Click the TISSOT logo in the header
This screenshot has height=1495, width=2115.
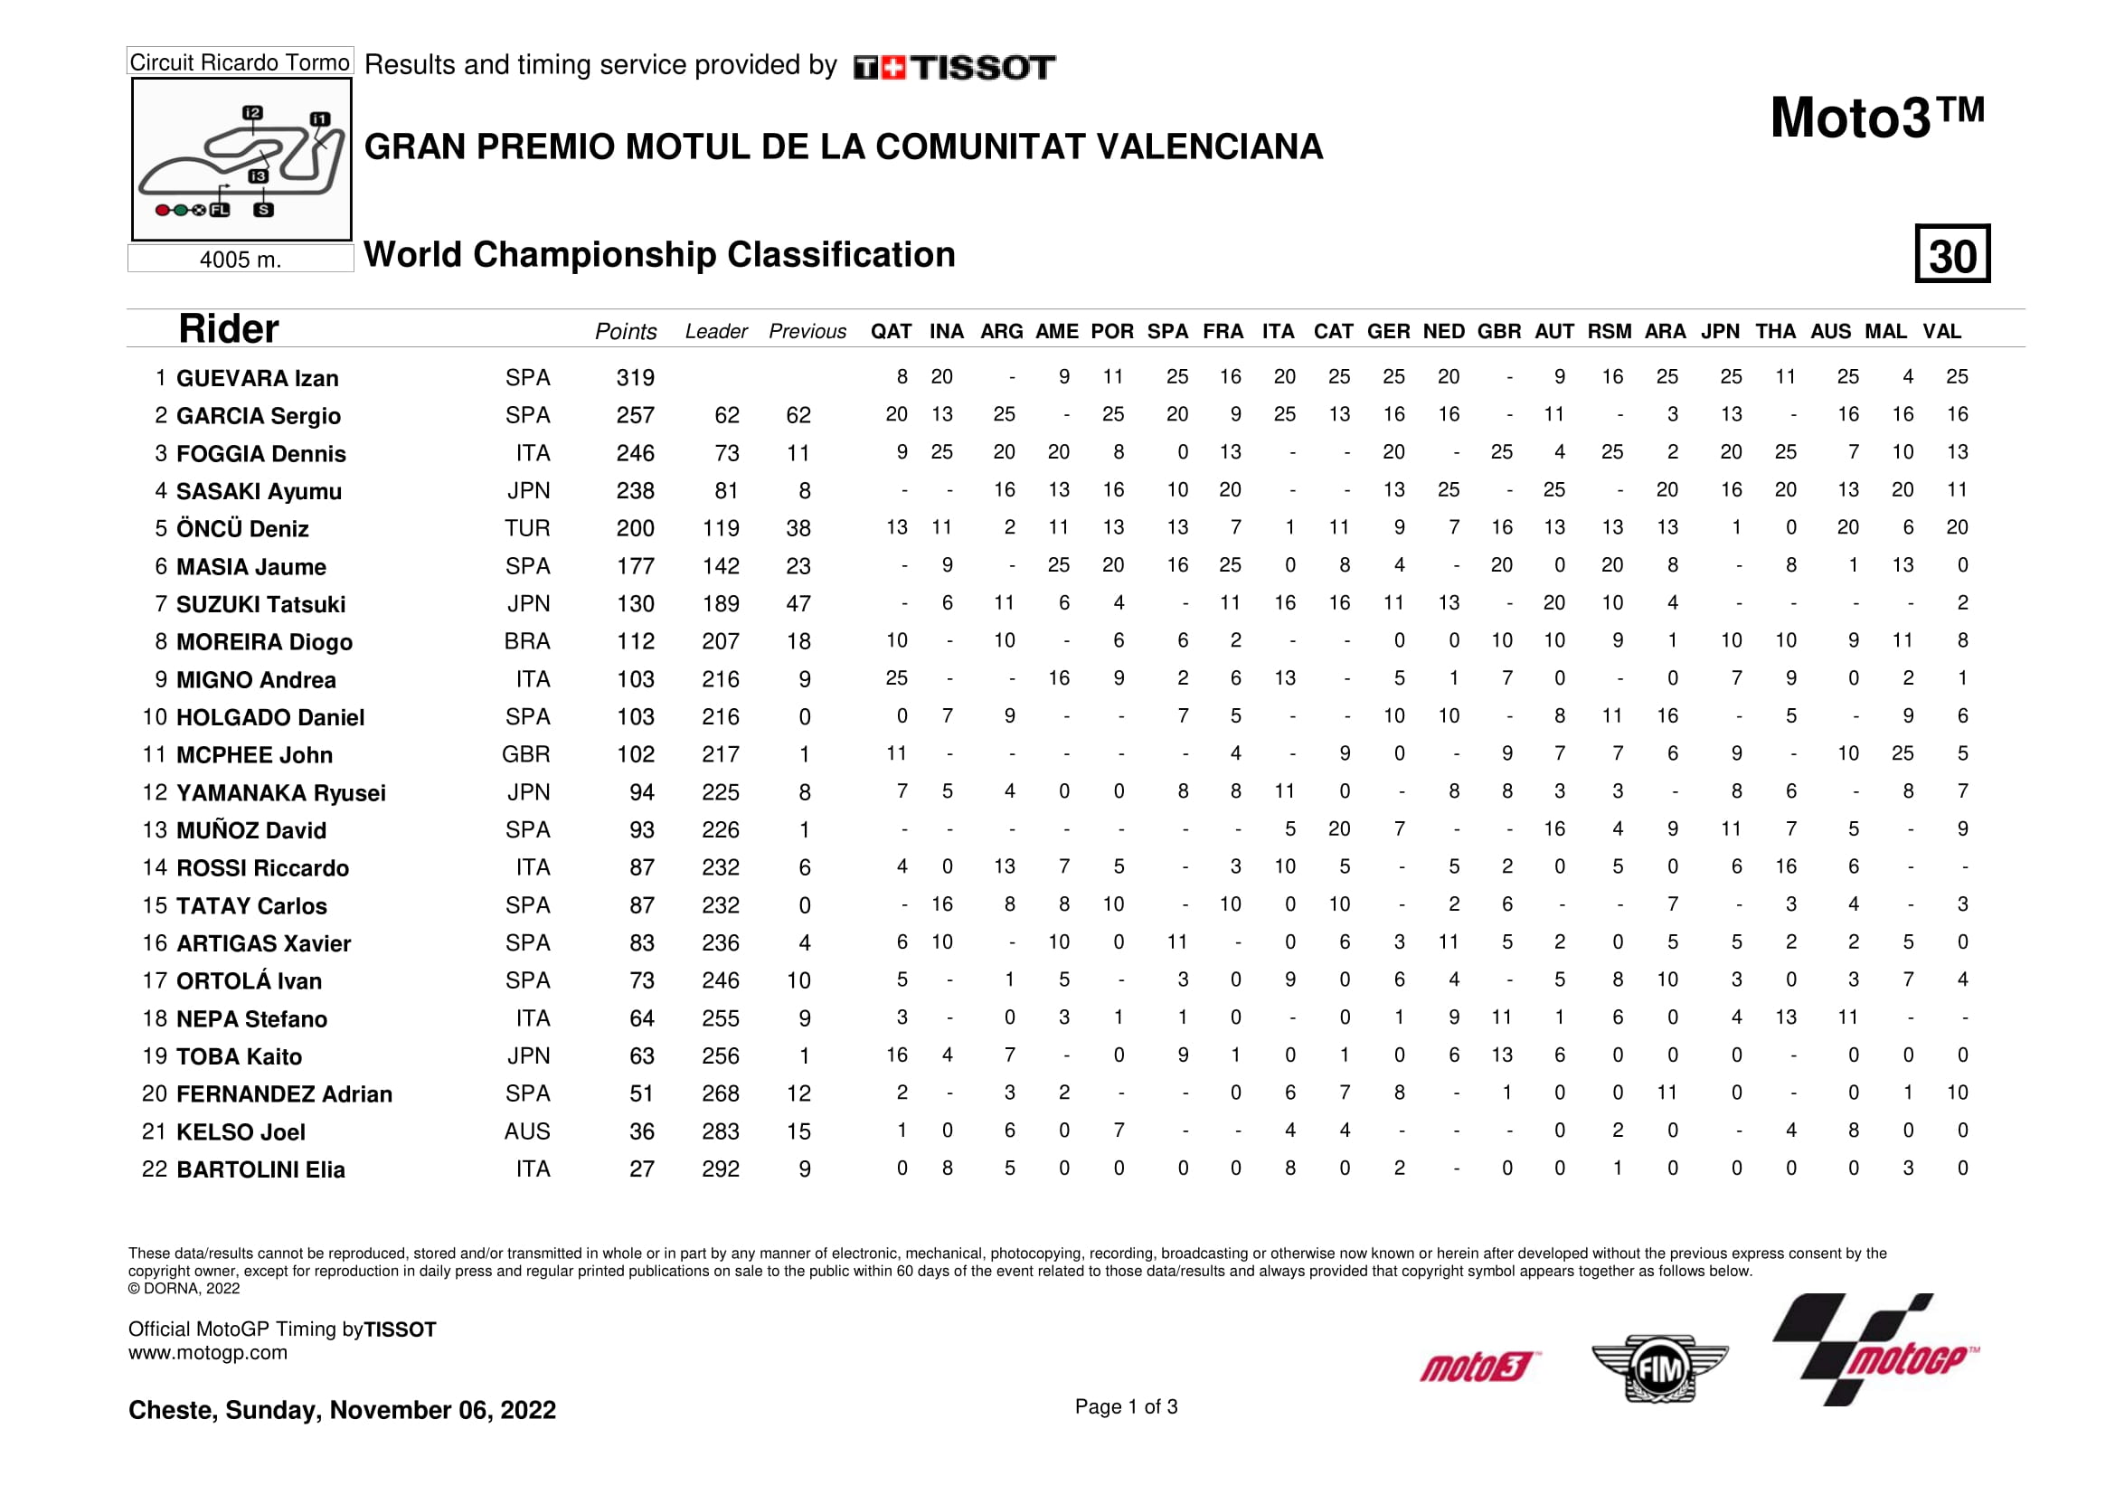click(x=954, y=67)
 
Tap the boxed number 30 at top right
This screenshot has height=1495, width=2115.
click(x=1952, y=254)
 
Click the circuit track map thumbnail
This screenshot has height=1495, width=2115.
click(x=241, y=159)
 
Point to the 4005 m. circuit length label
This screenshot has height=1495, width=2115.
click(x=241, y=260)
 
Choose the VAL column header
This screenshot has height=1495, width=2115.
click(x=1940, y=332)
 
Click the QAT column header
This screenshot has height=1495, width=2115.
click(x=891, y=332)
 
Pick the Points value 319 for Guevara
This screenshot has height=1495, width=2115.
click(x=635, y=378)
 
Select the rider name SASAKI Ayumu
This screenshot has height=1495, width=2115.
click(x=259, y=491)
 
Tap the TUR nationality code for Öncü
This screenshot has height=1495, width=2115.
click(x=527, y=528)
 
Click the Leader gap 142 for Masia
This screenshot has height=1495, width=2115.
click(x=721, y=565)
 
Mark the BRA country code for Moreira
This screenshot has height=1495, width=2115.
click(x=527, y=641)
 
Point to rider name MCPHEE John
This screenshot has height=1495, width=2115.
click(x=254, y=755)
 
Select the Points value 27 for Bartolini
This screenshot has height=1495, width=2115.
click(x=641, y=1169)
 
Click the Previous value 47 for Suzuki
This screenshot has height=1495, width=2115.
click(x=798, y=603)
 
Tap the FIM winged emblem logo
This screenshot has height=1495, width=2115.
click(x=1659, y=1367)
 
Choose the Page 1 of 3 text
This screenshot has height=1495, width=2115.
click(x=1126, y=1406)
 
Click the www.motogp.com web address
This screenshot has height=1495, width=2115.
click(x=207, y=1352)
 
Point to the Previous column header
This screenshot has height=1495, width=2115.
click(x=807, y=332)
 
